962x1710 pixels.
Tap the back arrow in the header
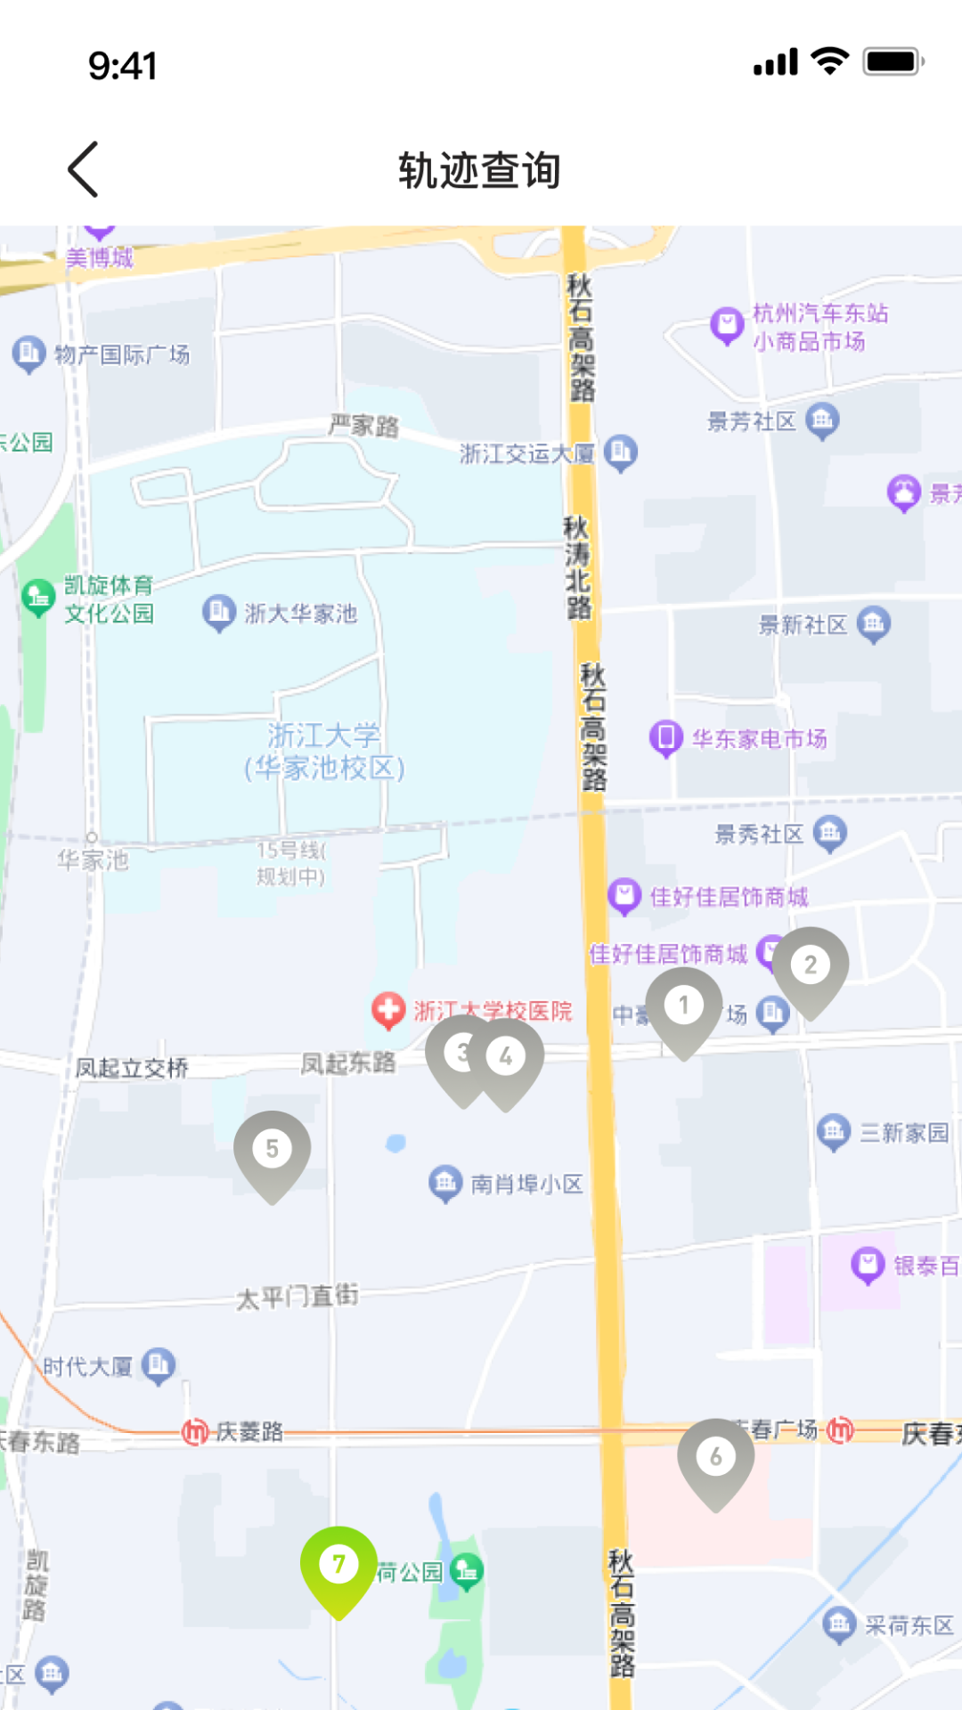[x=83, y=169]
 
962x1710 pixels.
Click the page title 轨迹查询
[x=479, y=170]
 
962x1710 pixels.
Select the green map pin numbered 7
[x=338, y=1566]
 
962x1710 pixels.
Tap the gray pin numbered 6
[x=716, y=1458]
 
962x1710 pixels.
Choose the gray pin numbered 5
[x=273, y=1150]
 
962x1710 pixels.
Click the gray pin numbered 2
[x=811, y=965]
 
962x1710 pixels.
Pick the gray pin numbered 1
[x=684, y=1006]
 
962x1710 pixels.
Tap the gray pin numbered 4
[x=506, y=1057]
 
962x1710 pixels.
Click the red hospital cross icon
[x=388, y=1011]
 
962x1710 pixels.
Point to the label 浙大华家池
[x=300, y=614]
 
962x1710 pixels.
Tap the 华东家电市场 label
[x=759, y=739]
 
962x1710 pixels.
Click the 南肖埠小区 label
[x=526, y=1184]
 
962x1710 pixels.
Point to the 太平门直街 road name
[x=298, y=1297]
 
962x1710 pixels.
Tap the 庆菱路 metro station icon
[x=195, y=1432]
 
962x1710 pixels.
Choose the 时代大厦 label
[x=88, y=1366]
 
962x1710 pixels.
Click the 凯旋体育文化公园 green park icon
[x=38, y=598]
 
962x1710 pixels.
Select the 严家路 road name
[x=363, y=426]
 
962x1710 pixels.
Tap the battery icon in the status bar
[x=893, y=62]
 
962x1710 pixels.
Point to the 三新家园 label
[x=904, y=1133]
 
